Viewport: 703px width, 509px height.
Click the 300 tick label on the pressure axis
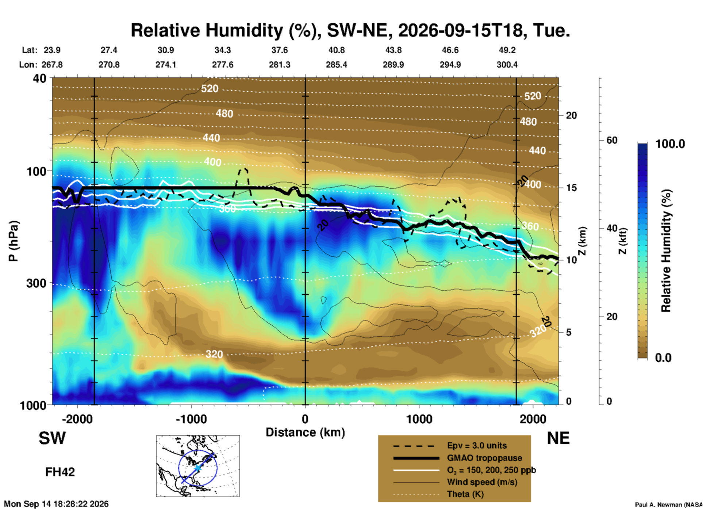click(36, 283)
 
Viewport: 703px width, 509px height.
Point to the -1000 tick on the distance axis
click(191, 419)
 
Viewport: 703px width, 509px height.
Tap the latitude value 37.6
click(279, 50)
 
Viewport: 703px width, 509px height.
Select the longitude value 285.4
click(337, 65)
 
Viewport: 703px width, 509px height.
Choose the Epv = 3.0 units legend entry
click(450, 445)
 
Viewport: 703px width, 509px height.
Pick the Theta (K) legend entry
click(438, 494)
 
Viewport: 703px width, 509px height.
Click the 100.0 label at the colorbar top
click(671, 144)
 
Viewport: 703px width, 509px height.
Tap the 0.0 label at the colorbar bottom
click(663, 357)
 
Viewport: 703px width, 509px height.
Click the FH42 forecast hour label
click(60, 472)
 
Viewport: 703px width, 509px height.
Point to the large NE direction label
click(558, 438)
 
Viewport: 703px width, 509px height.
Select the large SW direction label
click(52, 438)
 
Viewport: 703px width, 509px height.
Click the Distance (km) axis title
click(305, 432)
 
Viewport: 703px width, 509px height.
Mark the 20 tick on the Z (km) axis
click(571, 115)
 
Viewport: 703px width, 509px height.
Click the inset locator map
click(198, 466)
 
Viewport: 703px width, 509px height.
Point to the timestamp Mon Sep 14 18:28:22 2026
click(56, 504)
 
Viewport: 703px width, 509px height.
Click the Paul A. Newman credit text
click(669, 505)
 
